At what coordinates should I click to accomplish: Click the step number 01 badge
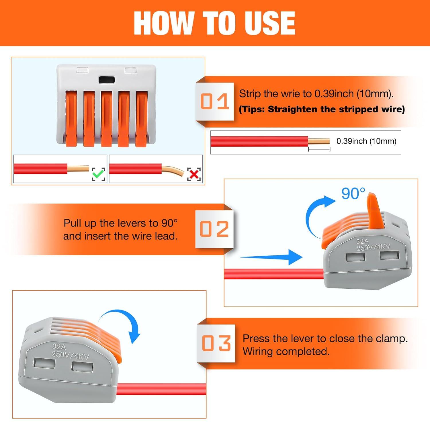point(215,101)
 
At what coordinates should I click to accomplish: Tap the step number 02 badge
point(214,229)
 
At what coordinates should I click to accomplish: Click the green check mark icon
point(98,174)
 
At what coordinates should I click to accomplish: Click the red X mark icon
point(194,174)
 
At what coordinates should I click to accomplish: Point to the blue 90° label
point(353,193)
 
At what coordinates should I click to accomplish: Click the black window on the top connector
point(106,80)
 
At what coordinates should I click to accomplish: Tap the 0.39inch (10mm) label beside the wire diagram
point(366,141)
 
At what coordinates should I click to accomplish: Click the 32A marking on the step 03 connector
point(59,347)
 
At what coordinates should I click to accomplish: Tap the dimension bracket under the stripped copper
point(319,149)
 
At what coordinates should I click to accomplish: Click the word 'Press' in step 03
point(256,339)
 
